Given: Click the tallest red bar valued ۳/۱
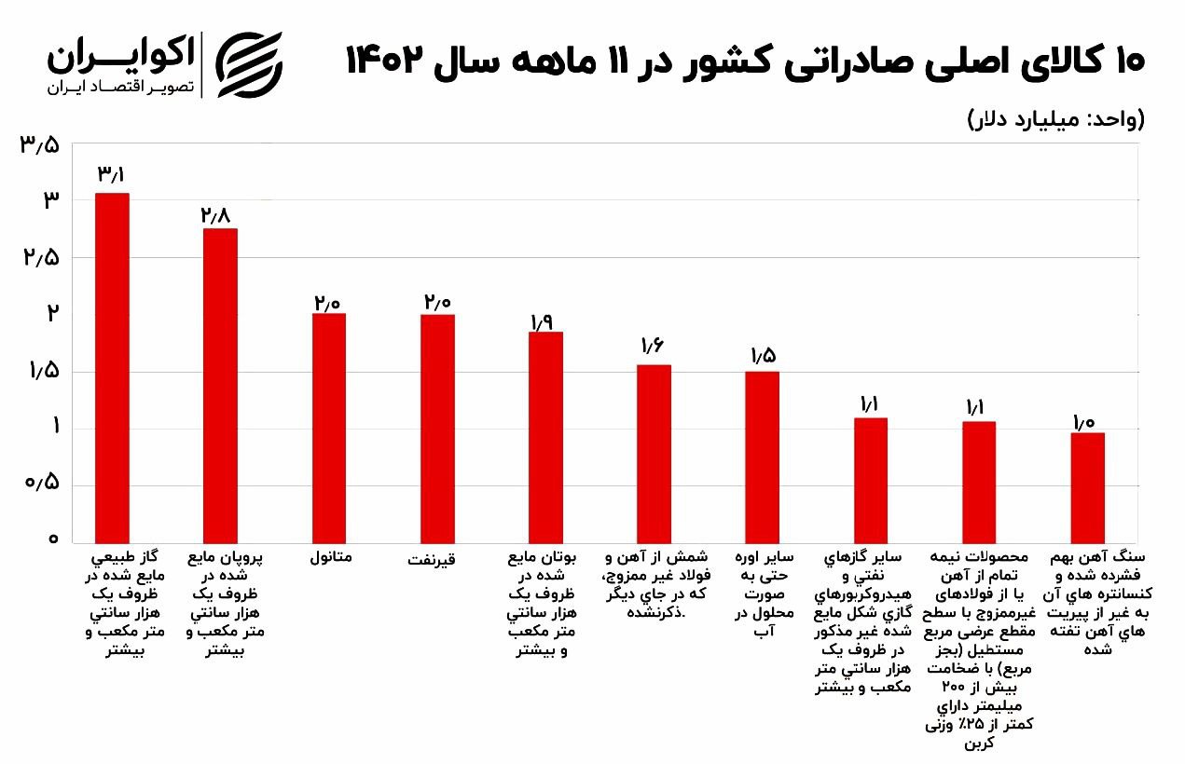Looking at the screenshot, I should tap(112, 368).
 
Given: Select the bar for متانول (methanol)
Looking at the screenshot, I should tap(328, 429).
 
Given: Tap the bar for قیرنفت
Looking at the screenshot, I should tap(437, 429).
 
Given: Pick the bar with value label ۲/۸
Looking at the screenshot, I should tap(220, 386).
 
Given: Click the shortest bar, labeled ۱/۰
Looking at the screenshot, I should tap(1087, 487).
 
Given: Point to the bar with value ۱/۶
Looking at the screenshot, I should tap(654, 454).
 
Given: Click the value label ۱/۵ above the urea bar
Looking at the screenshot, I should tap(763, 356).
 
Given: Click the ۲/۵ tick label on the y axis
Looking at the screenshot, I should tap(40, 257).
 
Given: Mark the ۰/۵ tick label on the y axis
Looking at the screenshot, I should tap(40, 484).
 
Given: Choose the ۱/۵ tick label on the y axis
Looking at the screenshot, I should tap(40, 371).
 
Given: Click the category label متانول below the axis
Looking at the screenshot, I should tap(330, 558).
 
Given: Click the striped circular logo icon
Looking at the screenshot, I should tap(249, 64).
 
